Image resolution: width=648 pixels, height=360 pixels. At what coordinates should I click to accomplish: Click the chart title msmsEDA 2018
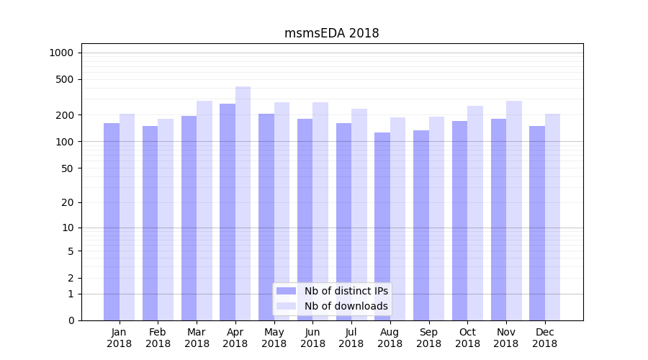(331, 33)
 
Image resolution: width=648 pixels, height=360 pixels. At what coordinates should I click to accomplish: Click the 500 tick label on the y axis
(65, 79)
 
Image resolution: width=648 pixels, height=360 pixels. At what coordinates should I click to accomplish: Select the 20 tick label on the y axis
(68, 202)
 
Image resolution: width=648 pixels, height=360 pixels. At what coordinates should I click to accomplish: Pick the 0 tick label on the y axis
(71, 320)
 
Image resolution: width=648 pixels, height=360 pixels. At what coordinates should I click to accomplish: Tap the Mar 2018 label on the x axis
(197, 338)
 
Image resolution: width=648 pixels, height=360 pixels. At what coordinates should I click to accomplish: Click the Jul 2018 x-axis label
(351, 338)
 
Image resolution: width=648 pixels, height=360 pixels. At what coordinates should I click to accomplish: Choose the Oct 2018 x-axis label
(467, 338)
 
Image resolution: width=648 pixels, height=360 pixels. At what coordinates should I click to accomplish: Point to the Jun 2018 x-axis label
(312, 338)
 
